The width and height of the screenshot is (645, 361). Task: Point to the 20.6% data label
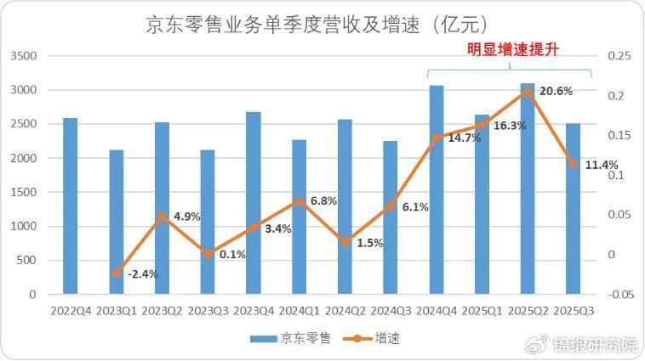tap(557, 91)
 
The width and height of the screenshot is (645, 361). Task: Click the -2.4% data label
tap(142, 274)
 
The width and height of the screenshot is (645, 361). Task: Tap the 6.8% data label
tap(325, 201)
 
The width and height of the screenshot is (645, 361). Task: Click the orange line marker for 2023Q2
tap(162, 216)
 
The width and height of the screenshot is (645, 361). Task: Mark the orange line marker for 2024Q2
tap(345, 243)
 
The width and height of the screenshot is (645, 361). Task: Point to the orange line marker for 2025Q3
tap(574, 165)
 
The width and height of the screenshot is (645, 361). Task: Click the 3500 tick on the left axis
tap(24, 56)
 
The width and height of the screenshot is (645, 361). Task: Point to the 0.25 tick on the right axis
tap(618, 56)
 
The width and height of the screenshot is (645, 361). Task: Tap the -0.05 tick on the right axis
tap(621, 295)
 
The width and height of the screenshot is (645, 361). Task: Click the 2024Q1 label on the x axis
tap(299, 311)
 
